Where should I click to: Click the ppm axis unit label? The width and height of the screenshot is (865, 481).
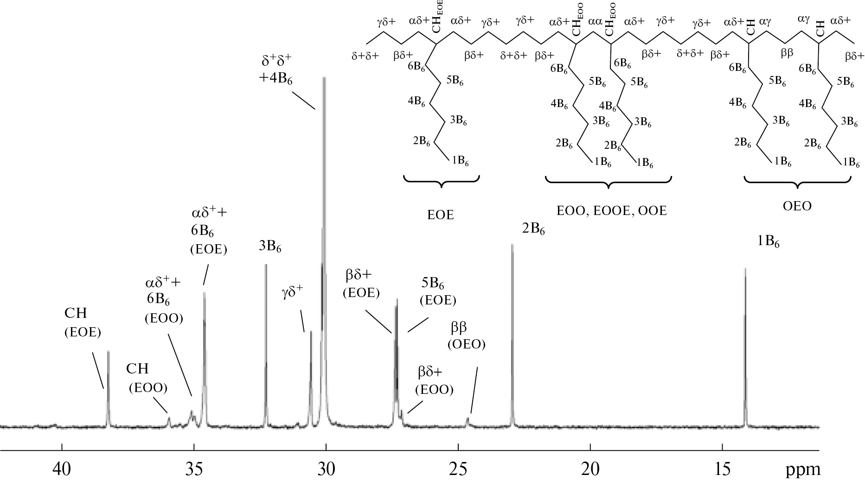(x=803, y=470)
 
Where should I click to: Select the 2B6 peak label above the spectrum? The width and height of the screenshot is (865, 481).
(x=533, y=229)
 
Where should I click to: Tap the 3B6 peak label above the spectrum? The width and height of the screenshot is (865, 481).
(x=270, y=247)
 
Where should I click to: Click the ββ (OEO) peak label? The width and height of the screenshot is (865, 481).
(x=466, y=335)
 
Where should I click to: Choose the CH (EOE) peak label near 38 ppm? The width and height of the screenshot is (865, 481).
(x=83, y=322)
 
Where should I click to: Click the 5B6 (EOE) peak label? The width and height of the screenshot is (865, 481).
(x=438, y=291)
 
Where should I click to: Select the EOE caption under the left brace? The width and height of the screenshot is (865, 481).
(x=441, y=215)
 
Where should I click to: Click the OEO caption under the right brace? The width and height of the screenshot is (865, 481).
(x=797, y=206)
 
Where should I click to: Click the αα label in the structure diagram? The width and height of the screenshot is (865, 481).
(x=595, y=22)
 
